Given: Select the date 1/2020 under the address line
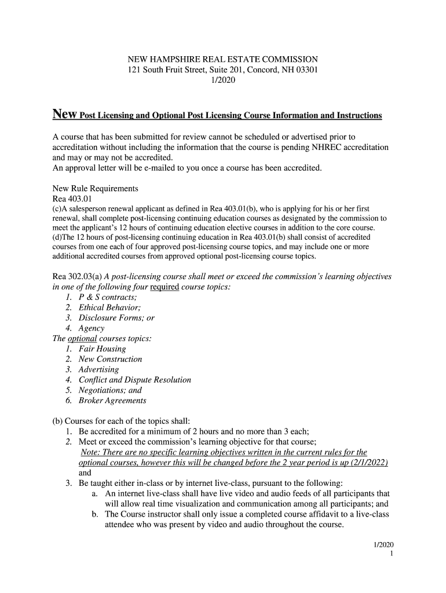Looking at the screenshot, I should click(222, 81).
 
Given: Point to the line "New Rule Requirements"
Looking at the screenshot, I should click(96, 189).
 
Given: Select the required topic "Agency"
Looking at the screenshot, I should click(92, 328).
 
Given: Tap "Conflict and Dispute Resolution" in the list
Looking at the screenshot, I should click(134, 380).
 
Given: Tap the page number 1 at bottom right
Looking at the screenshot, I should click(392, 554).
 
